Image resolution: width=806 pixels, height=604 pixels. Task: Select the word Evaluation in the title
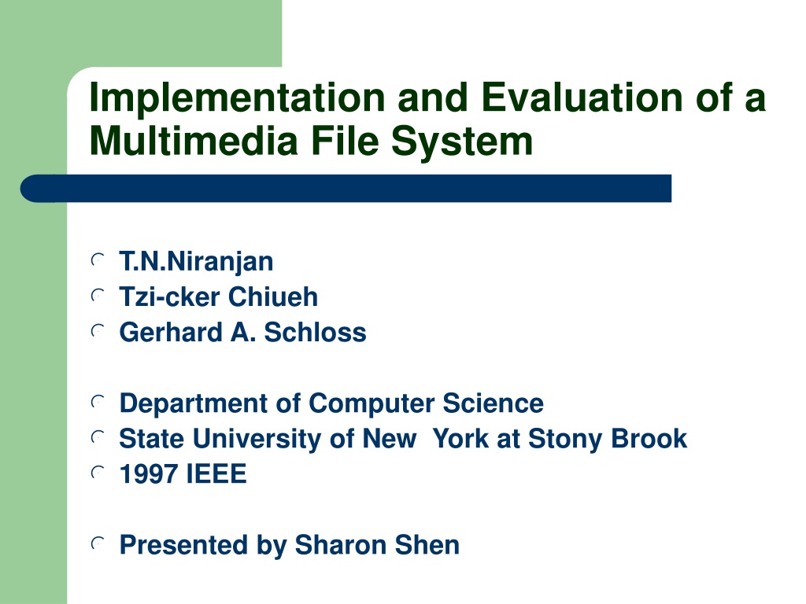pyautogui.click(x=582, y=97)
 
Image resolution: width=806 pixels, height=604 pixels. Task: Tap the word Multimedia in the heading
pyautogui.click(x=194, y=141)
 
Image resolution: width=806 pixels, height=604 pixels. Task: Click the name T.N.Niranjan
pyautogui.click(x=196, y=262)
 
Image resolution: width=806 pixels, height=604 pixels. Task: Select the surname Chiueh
pyautogui.click(x=273, y=296)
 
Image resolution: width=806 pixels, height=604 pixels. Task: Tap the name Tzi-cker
pyautogui.click(x=170, y=296)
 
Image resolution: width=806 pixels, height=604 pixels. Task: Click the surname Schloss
pyautogui.click(x=315, y=333)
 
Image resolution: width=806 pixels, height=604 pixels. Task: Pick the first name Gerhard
pyautogui.click(x=171, y=333)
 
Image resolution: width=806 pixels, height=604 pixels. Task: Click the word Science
pyautogui.click(x=493, y=403)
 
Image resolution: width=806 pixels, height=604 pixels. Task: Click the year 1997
pyautogui.click(x=148, y=474)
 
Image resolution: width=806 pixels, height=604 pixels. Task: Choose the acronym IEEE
pyautogui.click(x=216, y=474)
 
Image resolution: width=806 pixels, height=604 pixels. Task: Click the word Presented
pyautogui.click(x=183, y=545)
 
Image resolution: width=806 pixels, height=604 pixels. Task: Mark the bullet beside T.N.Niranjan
pyautogui.click(x=97, y=260)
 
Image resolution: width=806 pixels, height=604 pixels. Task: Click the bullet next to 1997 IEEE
pyautogui.click(x=97, y=473)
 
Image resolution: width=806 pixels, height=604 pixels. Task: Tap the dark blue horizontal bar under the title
pyautogui.click(x=346, y=189)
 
